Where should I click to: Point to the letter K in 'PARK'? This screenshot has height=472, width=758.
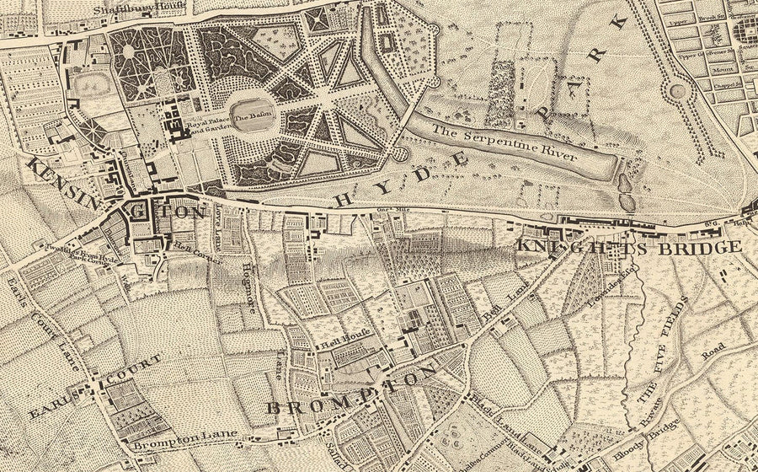[x=622, y=23]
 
